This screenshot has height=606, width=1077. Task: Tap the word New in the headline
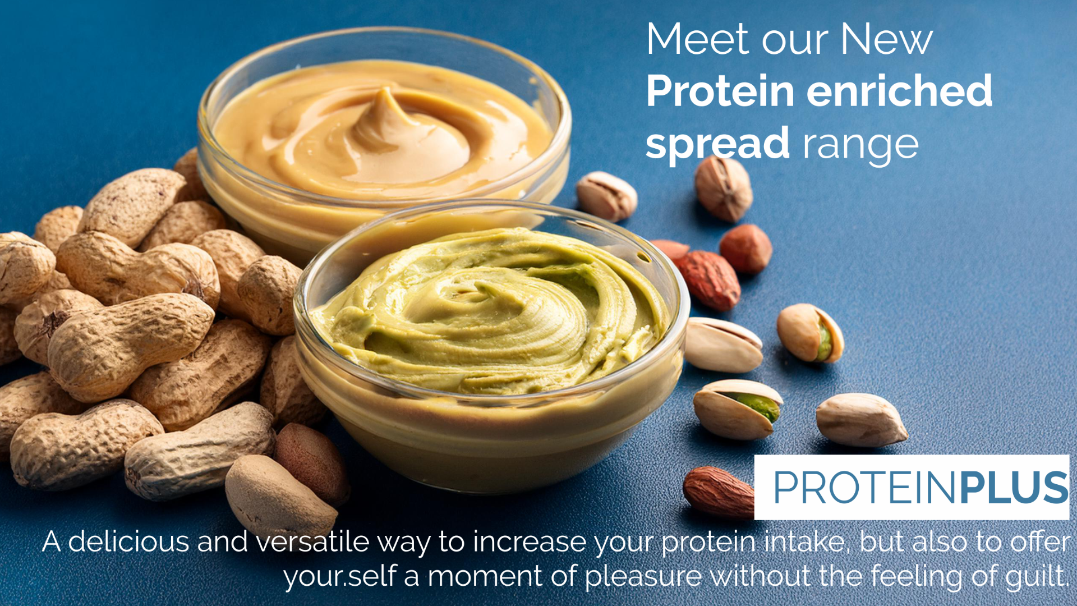886,39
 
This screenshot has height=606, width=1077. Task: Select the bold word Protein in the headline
720,91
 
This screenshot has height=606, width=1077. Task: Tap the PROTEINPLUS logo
920,487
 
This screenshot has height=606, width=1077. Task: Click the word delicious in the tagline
128,542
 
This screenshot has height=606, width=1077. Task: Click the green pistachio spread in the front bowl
488,314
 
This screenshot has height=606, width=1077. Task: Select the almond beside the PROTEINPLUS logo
719,491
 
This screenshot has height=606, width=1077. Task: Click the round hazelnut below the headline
745,249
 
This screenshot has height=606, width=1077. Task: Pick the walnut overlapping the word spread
724,188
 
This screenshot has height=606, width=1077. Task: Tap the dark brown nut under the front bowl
312,460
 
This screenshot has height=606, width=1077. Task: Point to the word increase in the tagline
530,542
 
